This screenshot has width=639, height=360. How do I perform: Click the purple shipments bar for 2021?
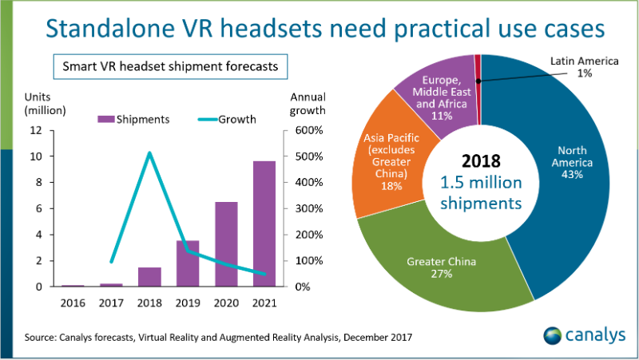pyautogui.click(x=264, y=224)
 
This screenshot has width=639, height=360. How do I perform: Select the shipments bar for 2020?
pyautogui.click(x=226, y=244)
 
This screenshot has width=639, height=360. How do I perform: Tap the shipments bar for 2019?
pyautogui.click(x=188, y=263)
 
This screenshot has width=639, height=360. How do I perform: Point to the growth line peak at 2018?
pyautogui.click(x=149, y=152)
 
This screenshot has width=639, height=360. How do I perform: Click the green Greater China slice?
pyautogui.click(x=435, y=263)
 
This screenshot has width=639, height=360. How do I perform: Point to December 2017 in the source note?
pyautogui.click(x=378, y=338)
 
